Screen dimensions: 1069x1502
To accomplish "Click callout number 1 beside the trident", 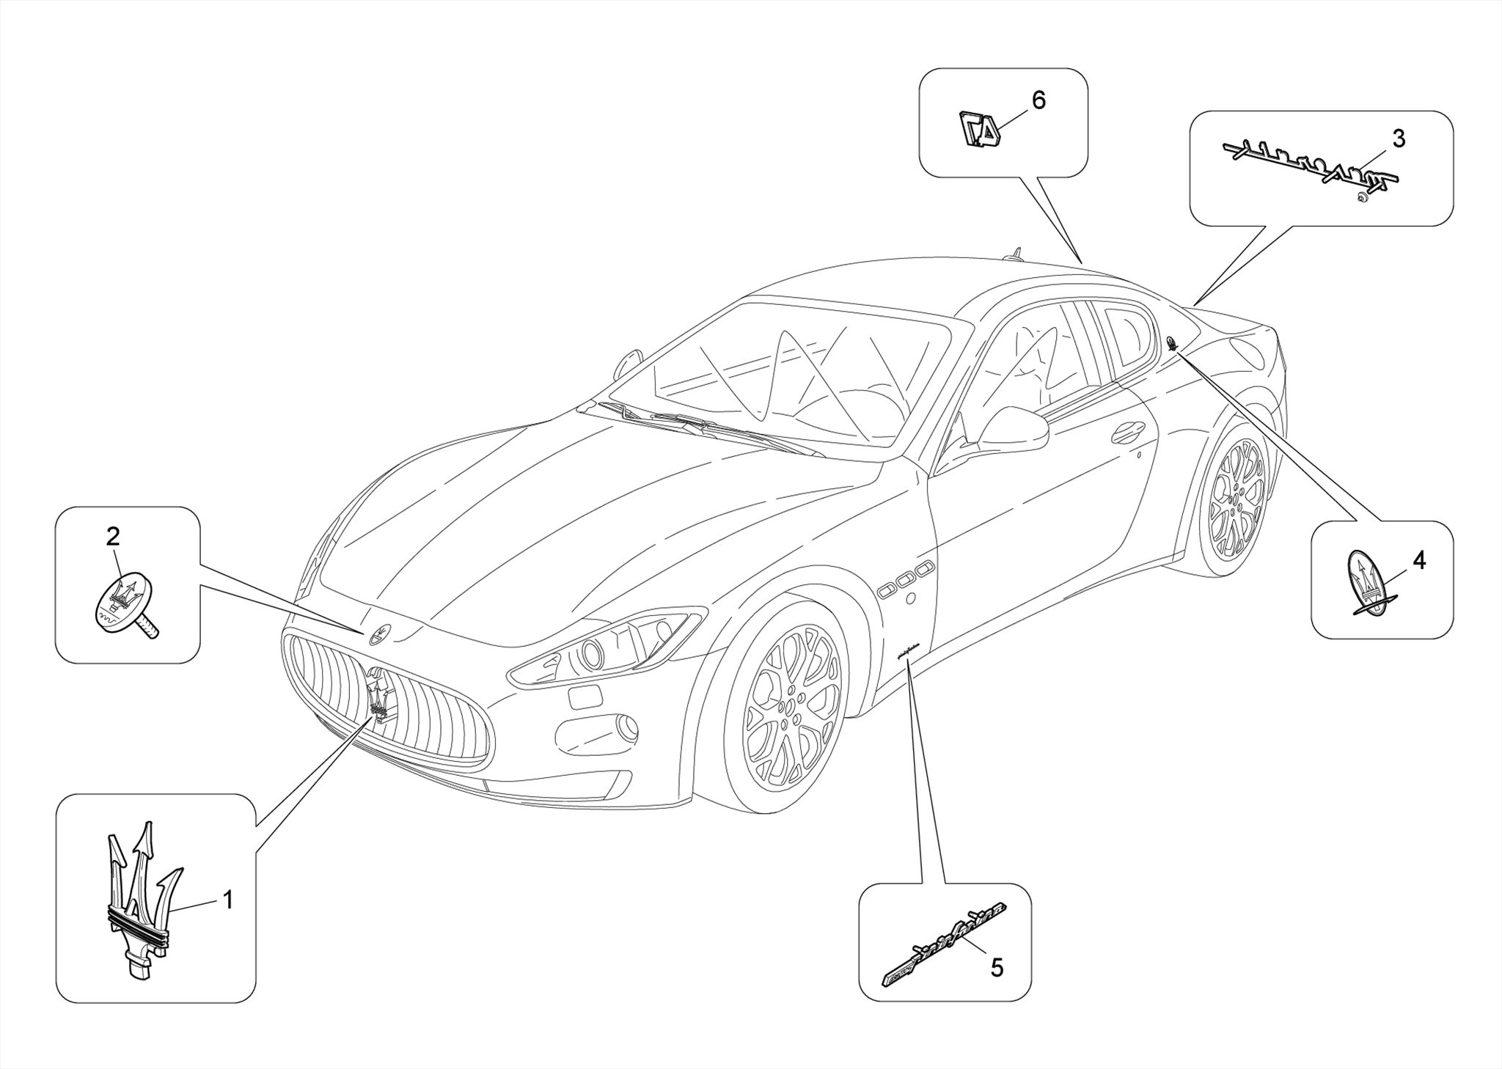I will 228,900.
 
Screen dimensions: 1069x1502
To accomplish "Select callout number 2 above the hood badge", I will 112,537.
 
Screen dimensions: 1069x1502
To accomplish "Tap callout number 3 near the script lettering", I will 1399,139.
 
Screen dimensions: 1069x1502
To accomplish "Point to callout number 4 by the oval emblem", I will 1418,561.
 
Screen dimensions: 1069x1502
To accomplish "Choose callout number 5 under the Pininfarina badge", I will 996,968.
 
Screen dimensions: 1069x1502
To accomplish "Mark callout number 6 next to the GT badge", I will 1038,100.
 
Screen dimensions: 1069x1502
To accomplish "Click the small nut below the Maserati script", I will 1360,196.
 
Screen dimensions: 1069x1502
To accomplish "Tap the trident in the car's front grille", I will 379,697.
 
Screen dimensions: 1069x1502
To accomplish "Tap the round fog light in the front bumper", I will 627,727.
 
